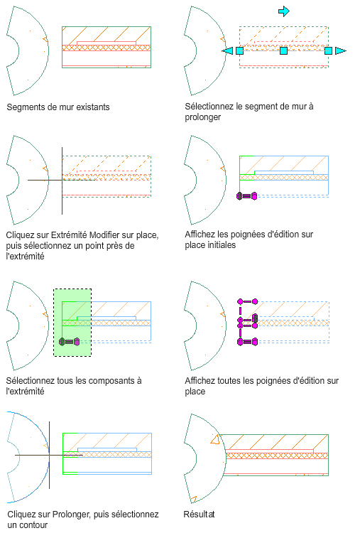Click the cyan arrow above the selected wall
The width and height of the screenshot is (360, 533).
[x=284, y=11]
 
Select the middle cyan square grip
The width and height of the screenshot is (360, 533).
[x=283, y=50]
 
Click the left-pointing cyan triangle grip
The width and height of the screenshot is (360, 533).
[x=227, y=50]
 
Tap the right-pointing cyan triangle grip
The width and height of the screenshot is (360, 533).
[x=340, y=50]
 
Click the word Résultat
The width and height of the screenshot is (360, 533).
[x=199, y=514]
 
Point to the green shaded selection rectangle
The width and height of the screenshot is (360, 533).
[x=72, y=323]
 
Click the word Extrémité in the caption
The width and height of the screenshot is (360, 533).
[x=69, y=235]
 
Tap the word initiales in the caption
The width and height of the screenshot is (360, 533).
[x=221, y=244]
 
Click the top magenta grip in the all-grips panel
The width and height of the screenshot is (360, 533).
[x=248, y=301]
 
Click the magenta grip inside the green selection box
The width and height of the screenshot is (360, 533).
[x=70, y=341]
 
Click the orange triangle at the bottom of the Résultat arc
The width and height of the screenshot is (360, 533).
[x=193, y=499]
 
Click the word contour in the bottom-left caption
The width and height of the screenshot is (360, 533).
[x=33, y=525]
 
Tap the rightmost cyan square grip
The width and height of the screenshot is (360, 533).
[x=328, y=50]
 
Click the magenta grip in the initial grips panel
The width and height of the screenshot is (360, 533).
[x=247, y=196]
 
